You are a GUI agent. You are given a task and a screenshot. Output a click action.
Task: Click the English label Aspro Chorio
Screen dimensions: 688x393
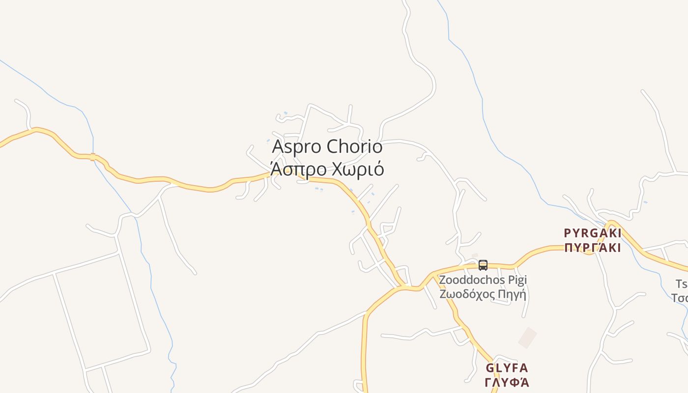tap(327, 146)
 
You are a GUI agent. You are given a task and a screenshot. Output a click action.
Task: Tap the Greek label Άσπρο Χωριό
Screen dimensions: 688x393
tap(327, 169)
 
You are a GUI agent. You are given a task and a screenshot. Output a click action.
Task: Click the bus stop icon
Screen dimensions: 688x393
tap(483, 265)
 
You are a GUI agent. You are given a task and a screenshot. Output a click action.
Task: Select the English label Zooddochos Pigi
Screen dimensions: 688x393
tap(483, 280)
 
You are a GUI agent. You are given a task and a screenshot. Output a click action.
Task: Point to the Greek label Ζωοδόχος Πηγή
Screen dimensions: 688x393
tap(483, 295)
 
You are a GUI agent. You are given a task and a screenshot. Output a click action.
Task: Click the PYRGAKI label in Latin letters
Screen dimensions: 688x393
tap(592, 233)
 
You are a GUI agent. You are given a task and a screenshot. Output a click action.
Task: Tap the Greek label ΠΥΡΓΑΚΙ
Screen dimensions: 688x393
tap(592, 248)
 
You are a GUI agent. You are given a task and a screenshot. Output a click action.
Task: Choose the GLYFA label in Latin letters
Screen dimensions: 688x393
tap(507, 368)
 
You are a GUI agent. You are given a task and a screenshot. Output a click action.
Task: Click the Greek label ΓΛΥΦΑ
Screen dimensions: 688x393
tap(507, 382)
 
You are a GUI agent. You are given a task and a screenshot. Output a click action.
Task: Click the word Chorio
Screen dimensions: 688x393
tap(354, 146)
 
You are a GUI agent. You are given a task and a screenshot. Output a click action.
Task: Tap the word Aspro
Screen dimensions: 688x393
tap(297, 146)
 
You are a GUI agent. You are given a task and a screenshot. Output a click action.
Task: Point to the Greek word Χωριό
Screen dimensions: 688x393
tap(358, 169)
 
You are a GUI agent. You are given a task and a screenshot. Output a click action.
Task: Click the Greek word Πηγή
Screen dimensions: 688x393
tap(512, 295)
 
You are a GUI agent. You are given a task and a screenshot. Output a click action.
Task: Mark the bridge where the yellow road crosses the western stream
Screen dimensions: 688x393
tap(93, 157)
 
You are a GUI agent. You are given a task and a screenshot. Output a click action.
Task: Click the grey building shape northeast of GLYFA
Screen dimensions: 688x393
tap(527, 337)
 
